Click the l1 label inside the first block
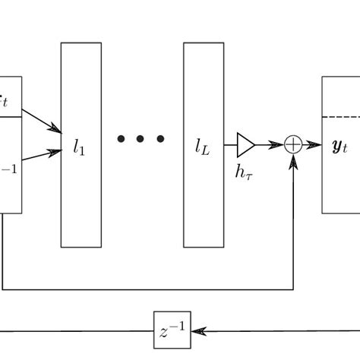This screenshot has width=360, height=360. (80, 149)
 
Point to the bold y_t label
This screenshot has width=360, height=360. (340, 146)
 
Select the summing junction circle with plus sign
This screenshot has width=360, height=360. (293, 144)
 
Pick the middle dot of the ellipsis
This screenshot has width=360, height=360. (141, 139)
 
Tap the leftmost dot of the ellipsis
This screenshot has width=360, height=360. (122, 139)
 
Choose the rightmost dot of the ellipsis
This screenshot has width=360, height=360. (160, 139)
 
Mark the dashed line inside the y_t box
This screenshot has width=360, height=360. (340, 117)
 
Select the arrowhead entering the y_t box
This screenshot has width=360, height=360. (314, 144)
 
